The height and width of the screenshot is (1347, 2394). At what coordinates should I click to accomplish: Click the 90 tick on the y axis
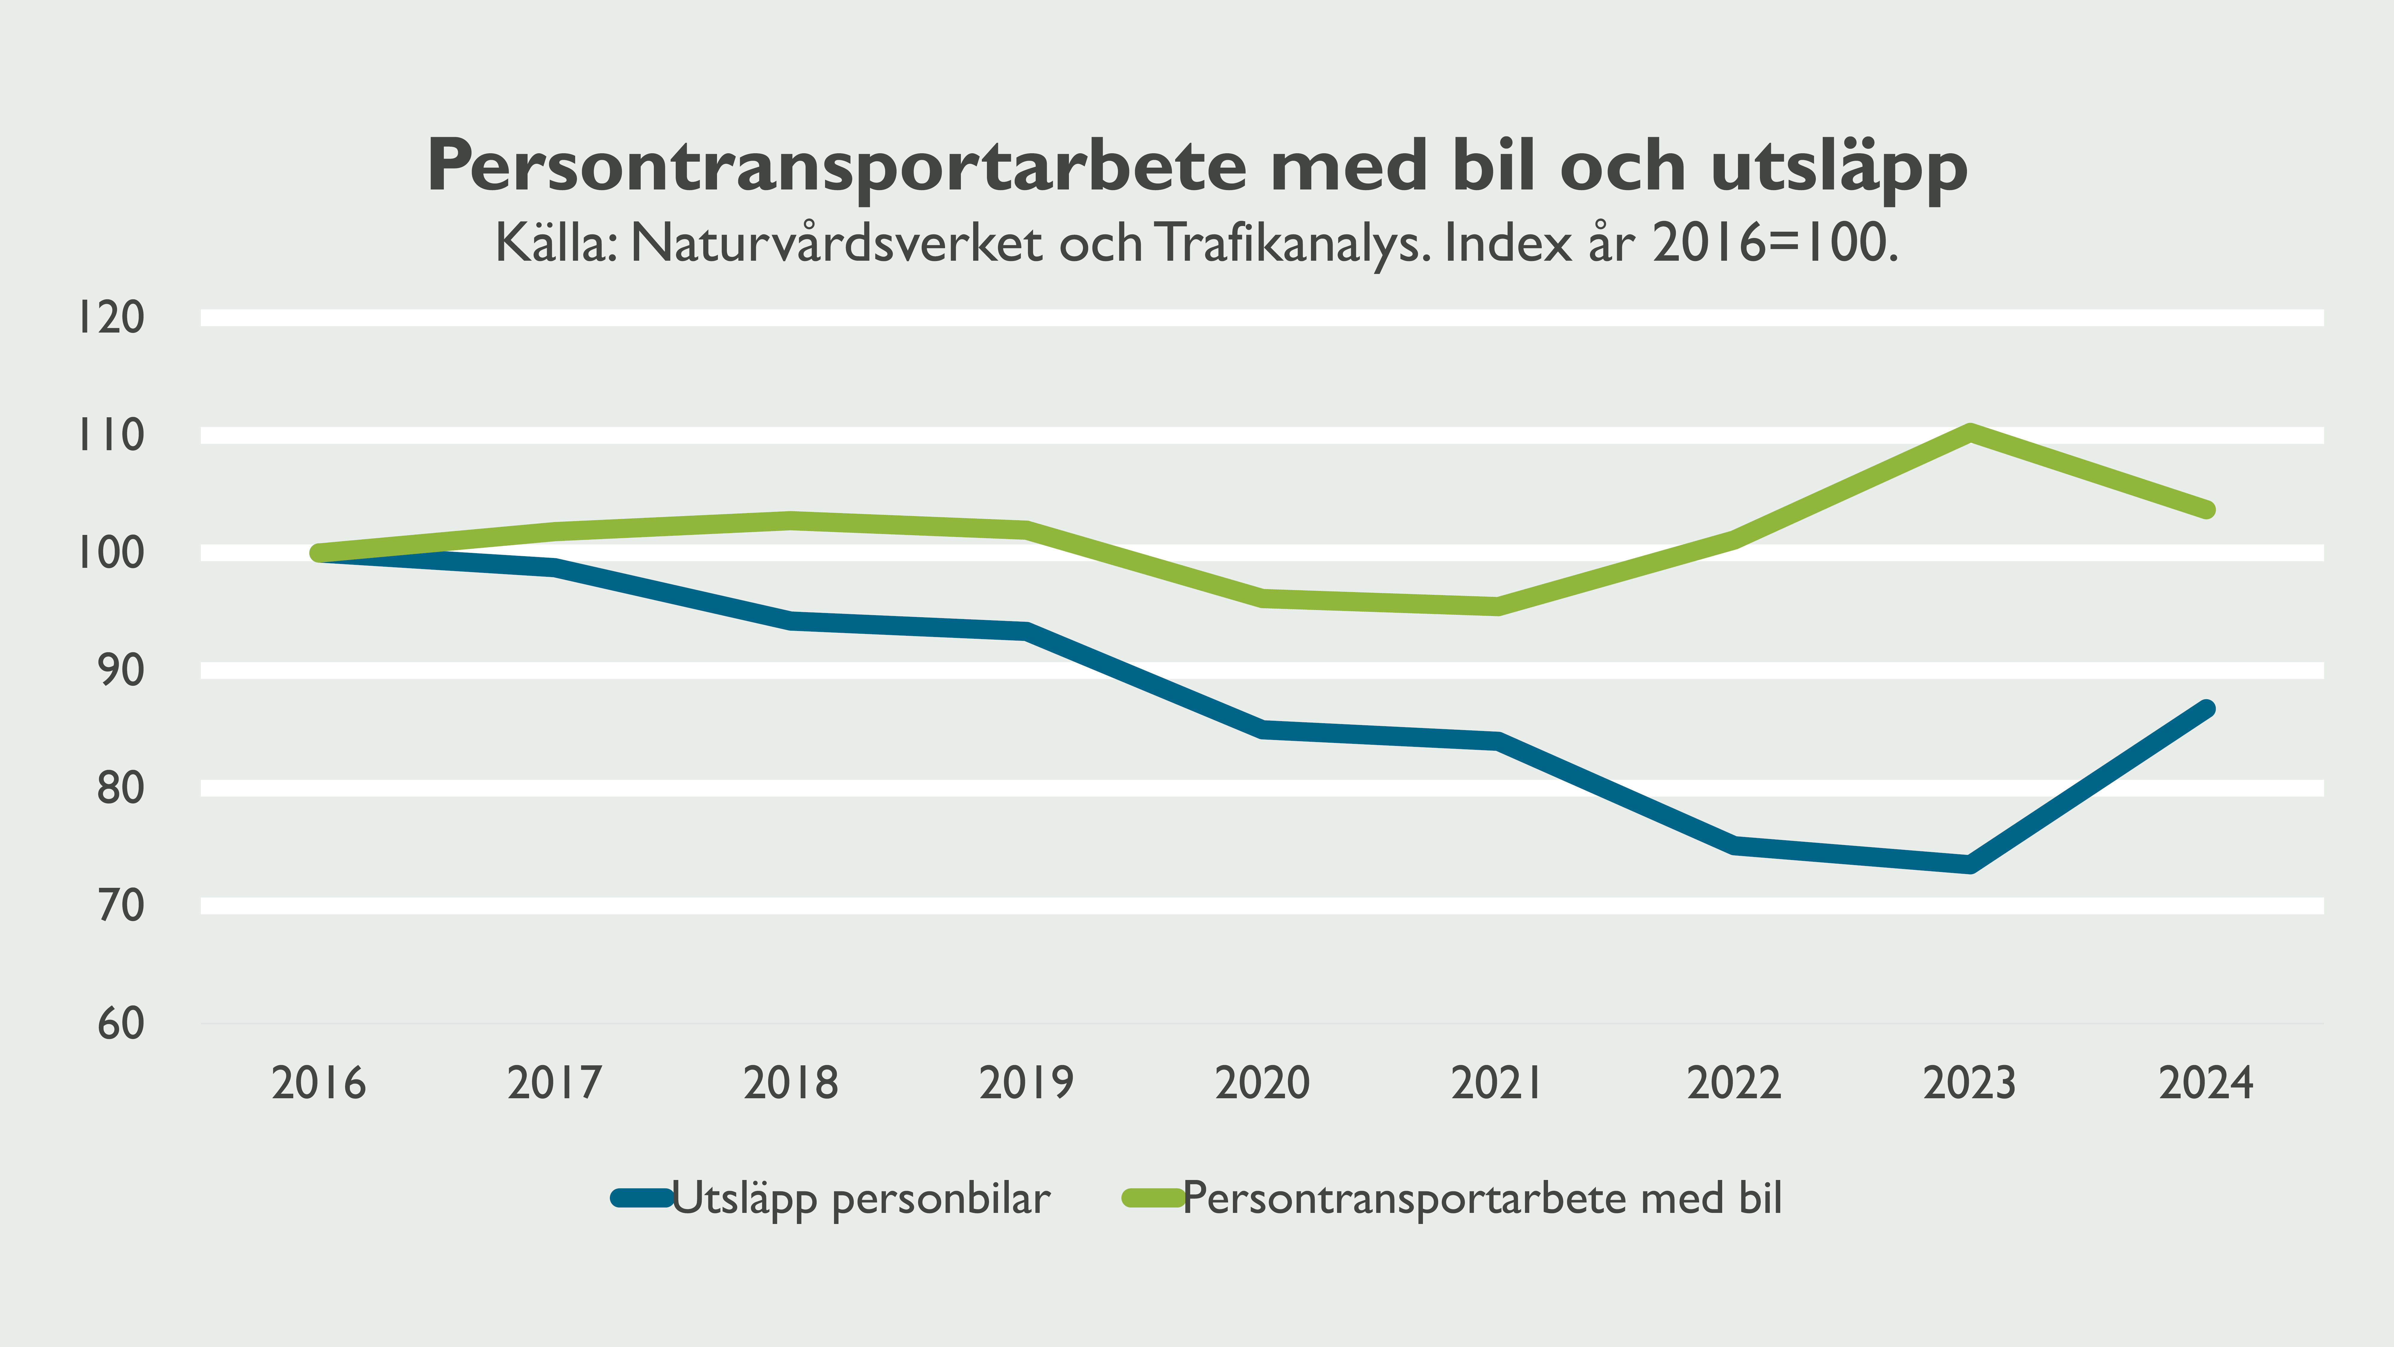121,670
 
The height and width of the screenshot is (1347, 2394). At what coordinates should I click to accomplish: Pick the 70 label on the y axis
121,905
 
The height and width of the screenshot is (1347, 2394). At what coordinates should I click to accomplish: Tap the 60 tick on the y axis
121,1023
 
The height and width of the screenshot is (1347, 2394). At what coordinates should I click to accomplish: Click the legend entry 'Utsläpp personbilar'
860,1198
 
